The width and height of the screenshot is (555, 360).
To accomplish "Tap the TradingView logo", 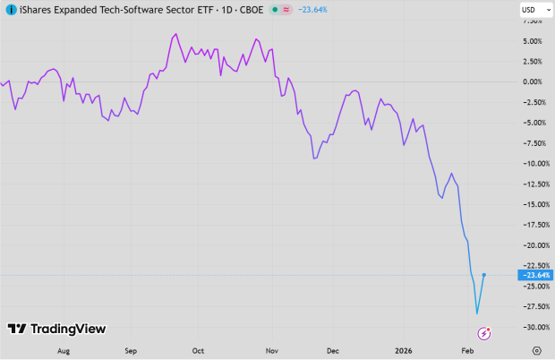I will pyautogui.click(x=56, y=329).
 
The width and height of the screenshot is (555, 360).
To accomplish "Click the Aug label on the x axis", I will pyautogui.click(x=63, y=351).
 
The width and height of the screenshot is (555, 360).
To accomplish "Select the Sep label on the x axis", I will pyautogui.click(x=131, y=351).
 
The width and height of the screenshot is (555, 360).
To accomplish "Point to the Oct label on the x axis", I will pyautogui.click(x=198, y=351).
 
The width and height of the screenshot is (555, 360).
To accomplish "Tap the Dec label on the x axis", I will pyautogui.click(x=333, y=351).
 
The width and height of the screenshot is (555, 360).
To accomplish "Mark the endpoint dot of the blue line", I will pyautogui.click(x=484, y=275).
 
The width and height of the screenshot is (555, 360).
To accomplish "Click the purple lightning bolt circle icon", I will pyautogui.click(x=484, y=334).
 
